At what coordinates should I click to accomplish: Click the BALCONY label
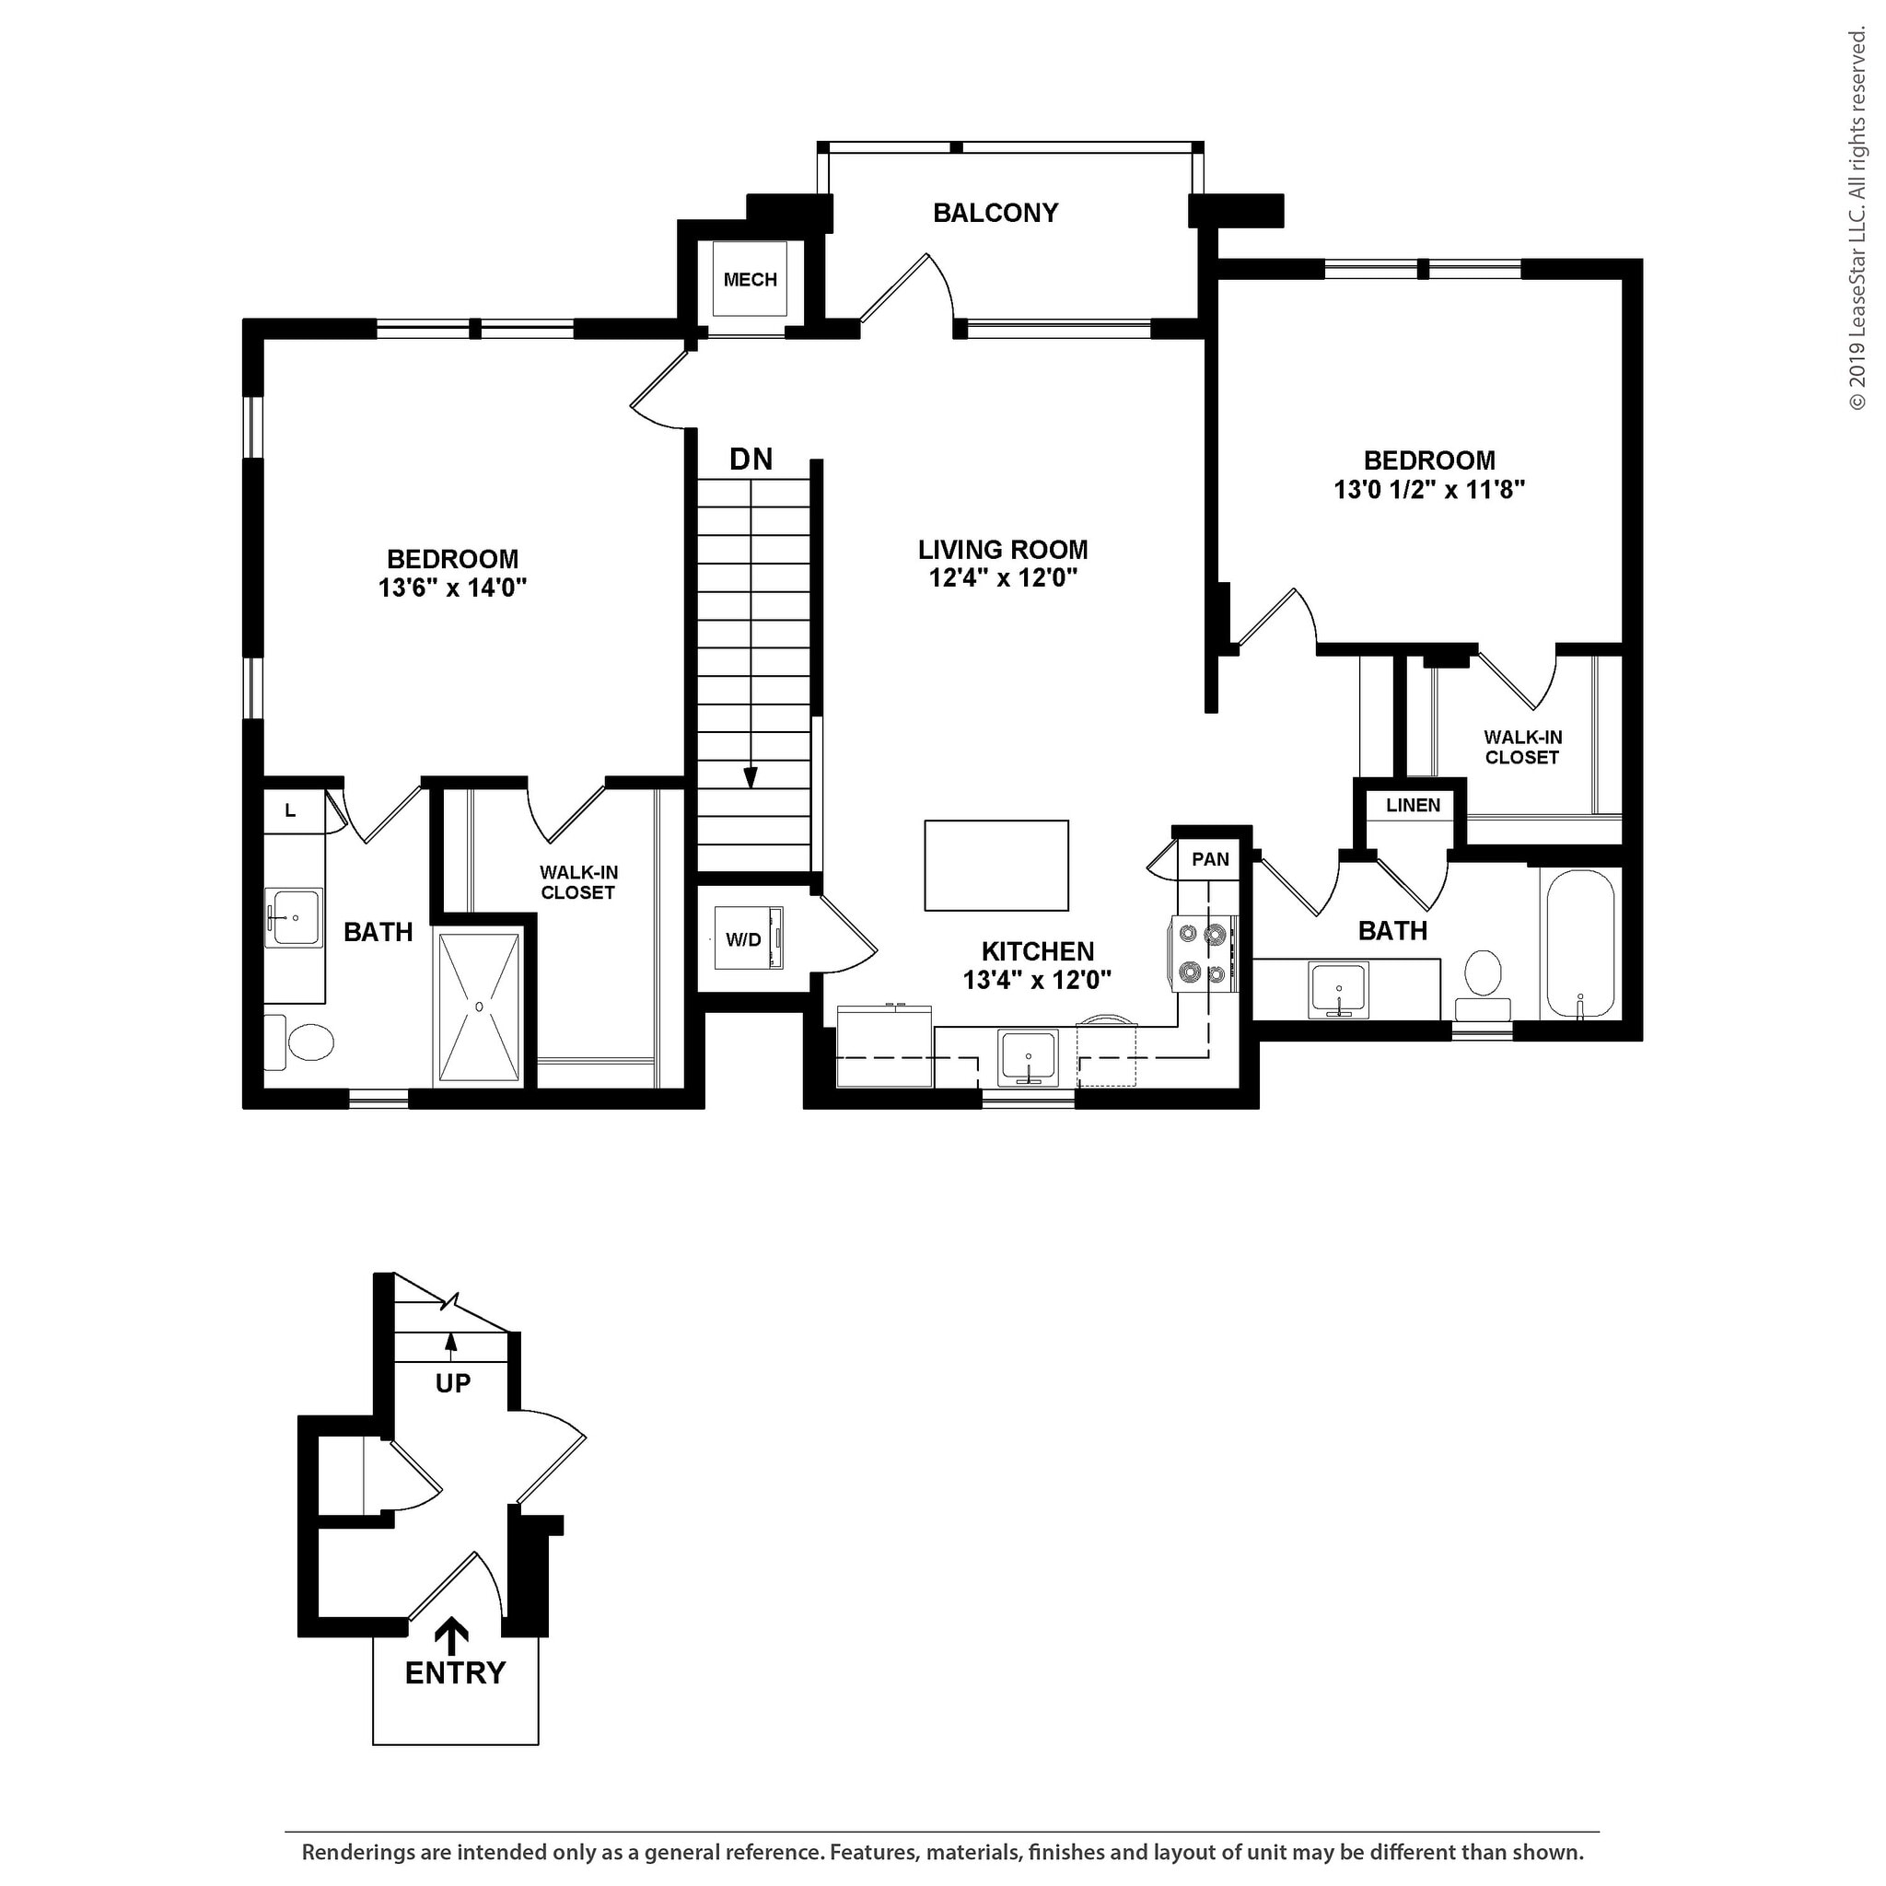pyautogui.click(x=995, y=213)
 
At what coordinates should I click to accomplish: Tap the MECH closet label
pyautogui.click(x=750, y=280)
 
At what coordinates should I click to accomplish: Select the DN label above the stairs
pyautogui.click(x=751, y=459)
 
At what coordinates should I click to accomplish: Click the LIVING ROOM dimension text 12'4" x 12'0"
pyautogui.click(x=1003, y=578)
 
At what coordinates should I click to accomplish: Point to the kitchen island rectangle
pyautogui.click(x=995, y=865)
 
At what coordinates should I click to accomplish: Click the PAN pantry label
pyautogui.click(x=1210, y=859)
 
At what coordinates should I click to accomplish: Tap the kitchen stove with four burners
pyautogui.click(x=1203, y=954)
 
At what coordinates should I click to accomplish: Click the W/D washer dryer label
pyautogui.click(x=743, y=940)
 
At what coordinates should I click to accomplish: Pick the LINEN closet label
pyautogui.click(x=1413, y=806)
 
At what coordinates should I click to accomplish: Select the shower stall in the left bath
pyautogui.click(x=478, y=1008)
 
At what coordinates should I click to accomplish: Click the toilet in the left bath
pyautogui.click(x=299, y=1042)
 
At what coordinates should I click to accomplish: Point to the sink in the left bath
pyautogui.click(x=293, y=916)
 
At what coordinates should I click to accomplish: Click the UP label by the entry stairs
pyautogui.click(x=453, y=1383)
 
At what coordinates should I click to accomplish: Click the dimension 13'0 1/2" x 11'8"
pyautogui.click(x=1429, y=489)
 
